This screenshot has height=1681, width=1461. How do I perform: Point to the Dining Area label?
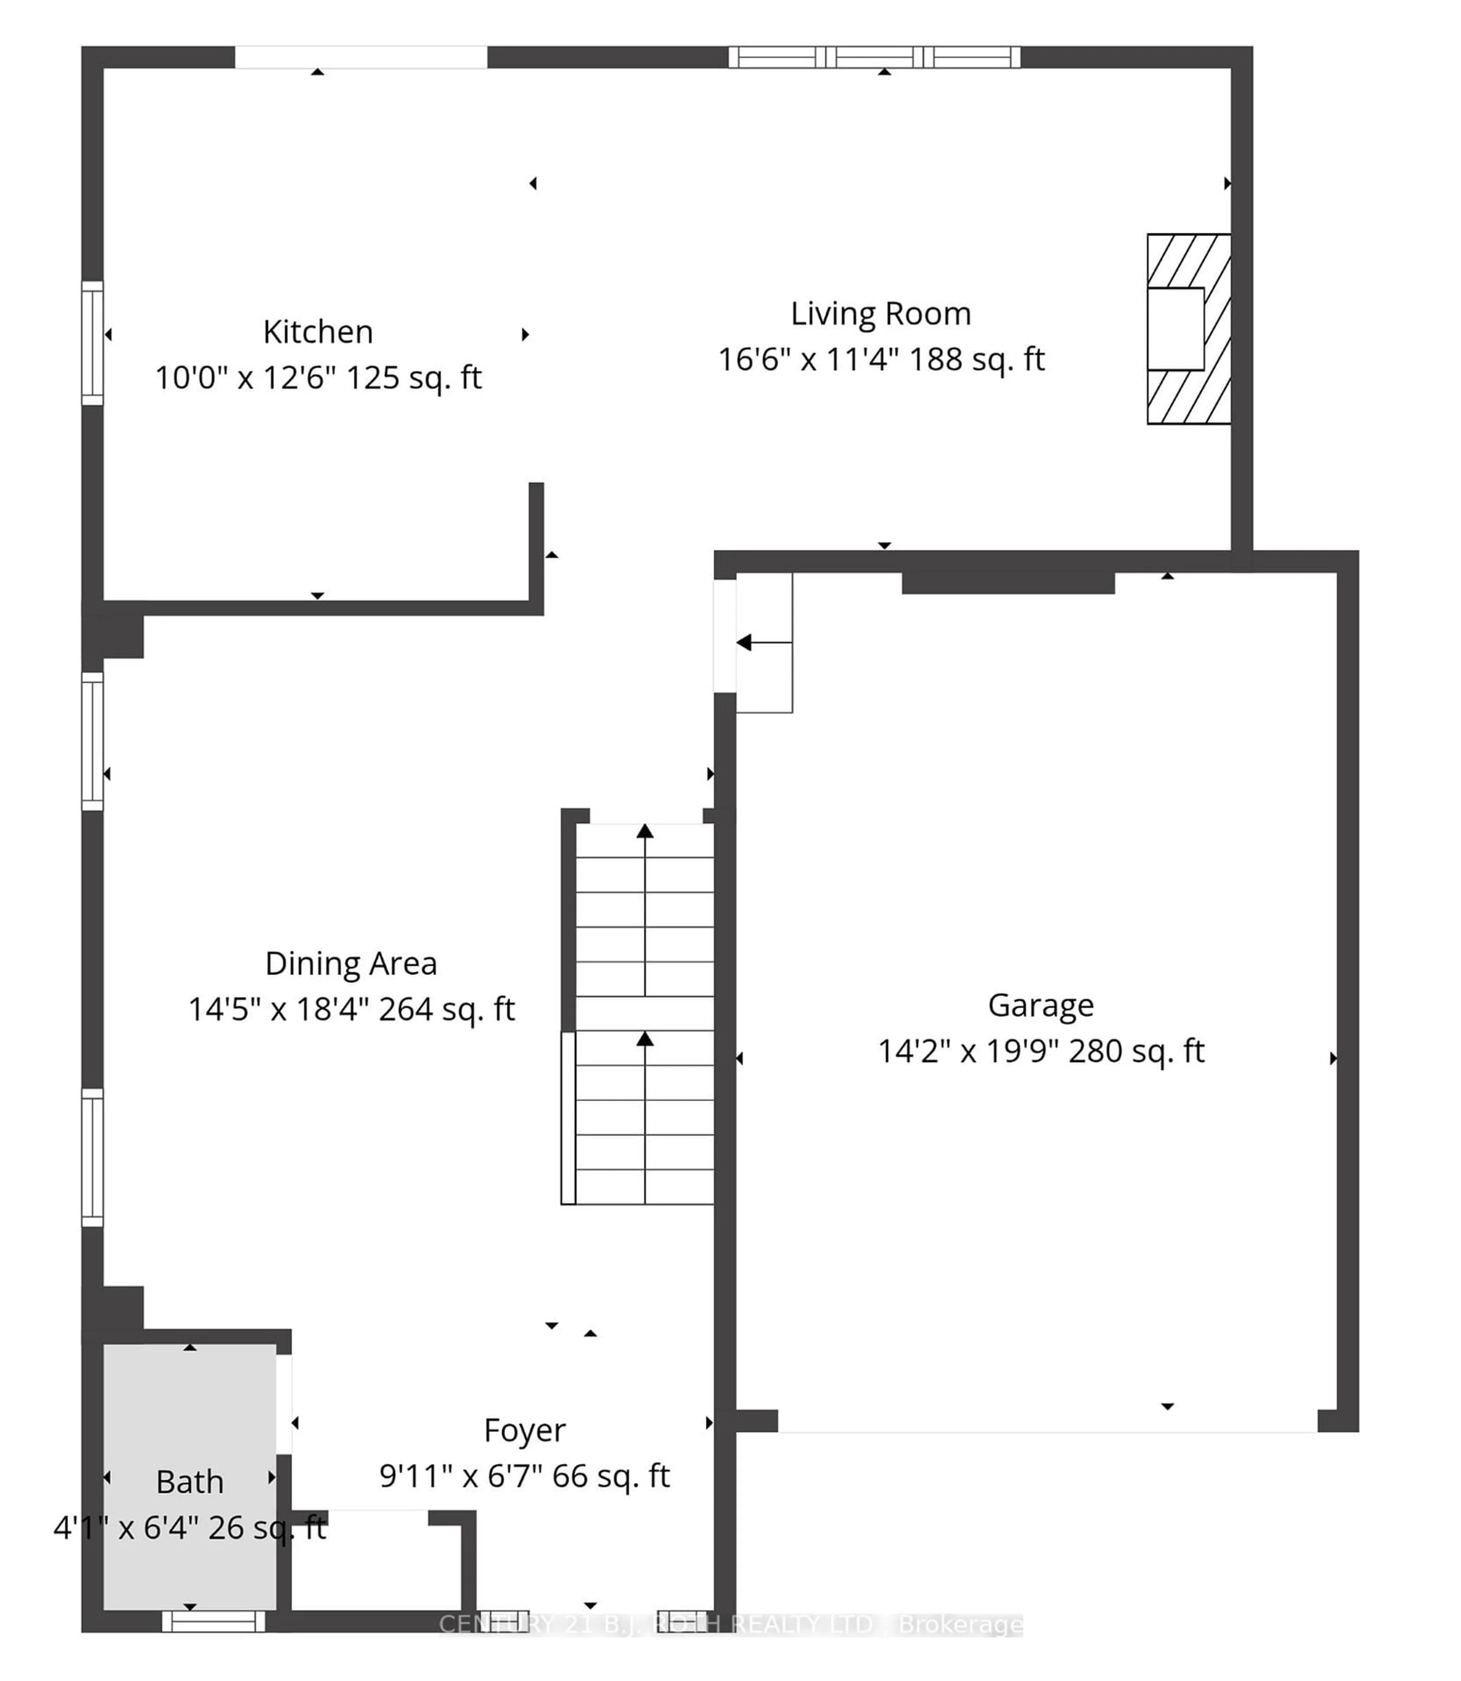pyautogui.click(x=350, y=964)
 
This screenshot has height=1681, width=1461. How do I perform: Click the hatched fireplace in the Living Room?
pyautogui.click(x=1189, y=329)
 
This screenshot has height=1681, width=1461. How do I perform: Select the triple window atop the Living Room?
pyautogui.click(x=874, y=57)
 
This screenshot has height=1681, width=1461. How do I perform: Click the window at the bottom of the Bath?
pyautogui.click(x=213, y=1622)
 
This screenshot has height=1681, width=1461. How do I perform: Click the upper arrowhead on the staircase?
pyautogui.click(x=645, y=831)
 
